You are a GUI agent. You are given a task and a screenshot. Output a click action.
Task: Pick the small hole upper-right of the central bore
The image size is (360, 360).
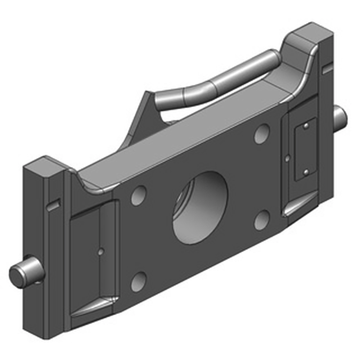(x=261, y=134)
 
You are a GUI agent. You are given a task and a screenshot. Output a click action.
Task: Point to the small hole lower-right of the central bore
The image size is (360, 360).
(x=261, y=219)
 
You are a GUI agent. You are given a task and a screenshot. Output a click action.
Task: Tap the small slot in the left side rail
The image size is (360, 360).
(x=54, y=205)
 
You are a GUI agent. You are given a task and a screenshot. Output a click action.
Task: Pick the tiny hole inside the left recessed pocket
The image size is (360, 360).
(x=101, y=252)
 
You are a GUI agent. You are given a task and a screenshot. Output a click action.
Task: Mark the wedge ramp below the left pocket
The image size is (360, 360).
(x=94, y=306)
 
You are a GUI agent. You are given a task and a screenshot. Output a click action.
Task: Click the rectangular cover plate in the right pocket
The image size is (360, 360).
(x=305, y=149)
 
